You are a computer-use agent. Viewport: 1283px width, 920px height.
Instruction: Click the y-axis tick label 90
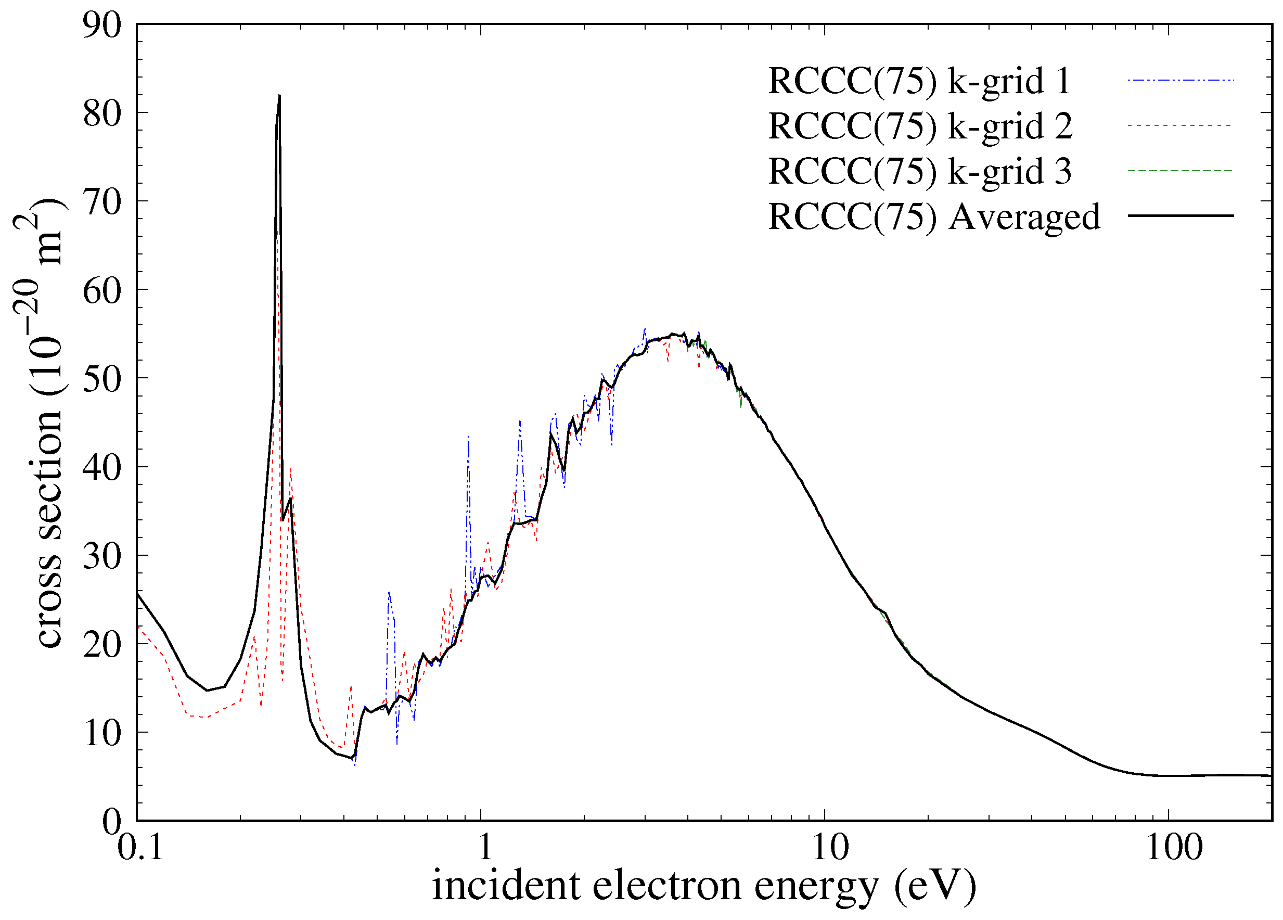pyautogui.click(x=102, y=25)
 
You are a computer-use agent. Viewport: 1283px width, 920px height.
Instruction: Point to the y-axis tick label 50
pyautogui.click(x=102, y=379)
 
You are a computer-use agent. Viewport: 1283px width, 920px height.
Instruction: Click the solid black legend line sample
pyautogui.click(x=1180, y=215)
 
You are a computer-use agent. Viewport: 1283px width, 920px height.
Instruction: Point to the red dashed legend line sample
pyautogui.click(x=1180, y=125)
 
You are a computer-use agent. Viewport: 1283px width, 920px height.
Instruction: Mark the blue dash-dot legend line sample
pyautogui.click(x=1180, y=81)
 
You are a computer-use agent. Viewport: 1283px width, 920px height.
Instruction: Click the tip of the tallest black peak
pyautogui.click(x=279, y=96)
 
